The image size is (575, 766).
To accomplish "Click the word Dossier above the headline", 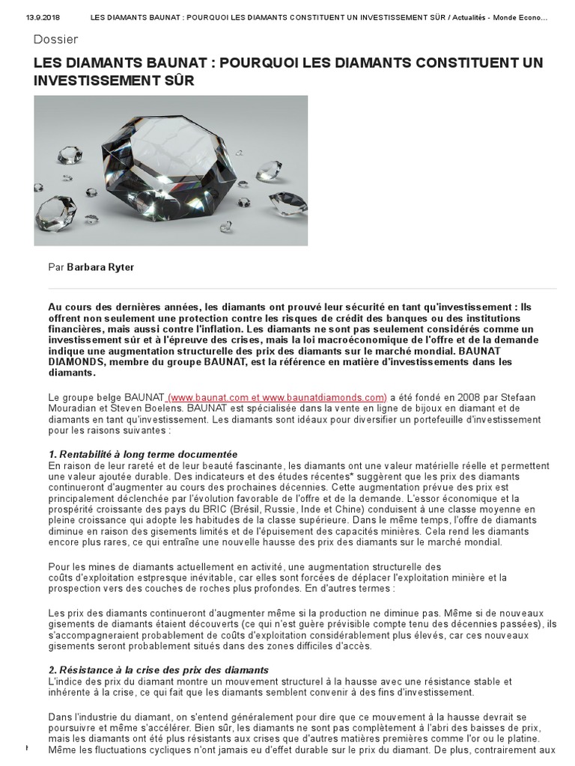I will [x=56, y=39].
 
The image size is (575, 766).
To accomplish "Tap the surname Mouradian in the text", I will [x=73, y=408].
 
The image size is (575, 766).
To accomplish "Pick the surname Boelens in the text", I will [x=156, y=408].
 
